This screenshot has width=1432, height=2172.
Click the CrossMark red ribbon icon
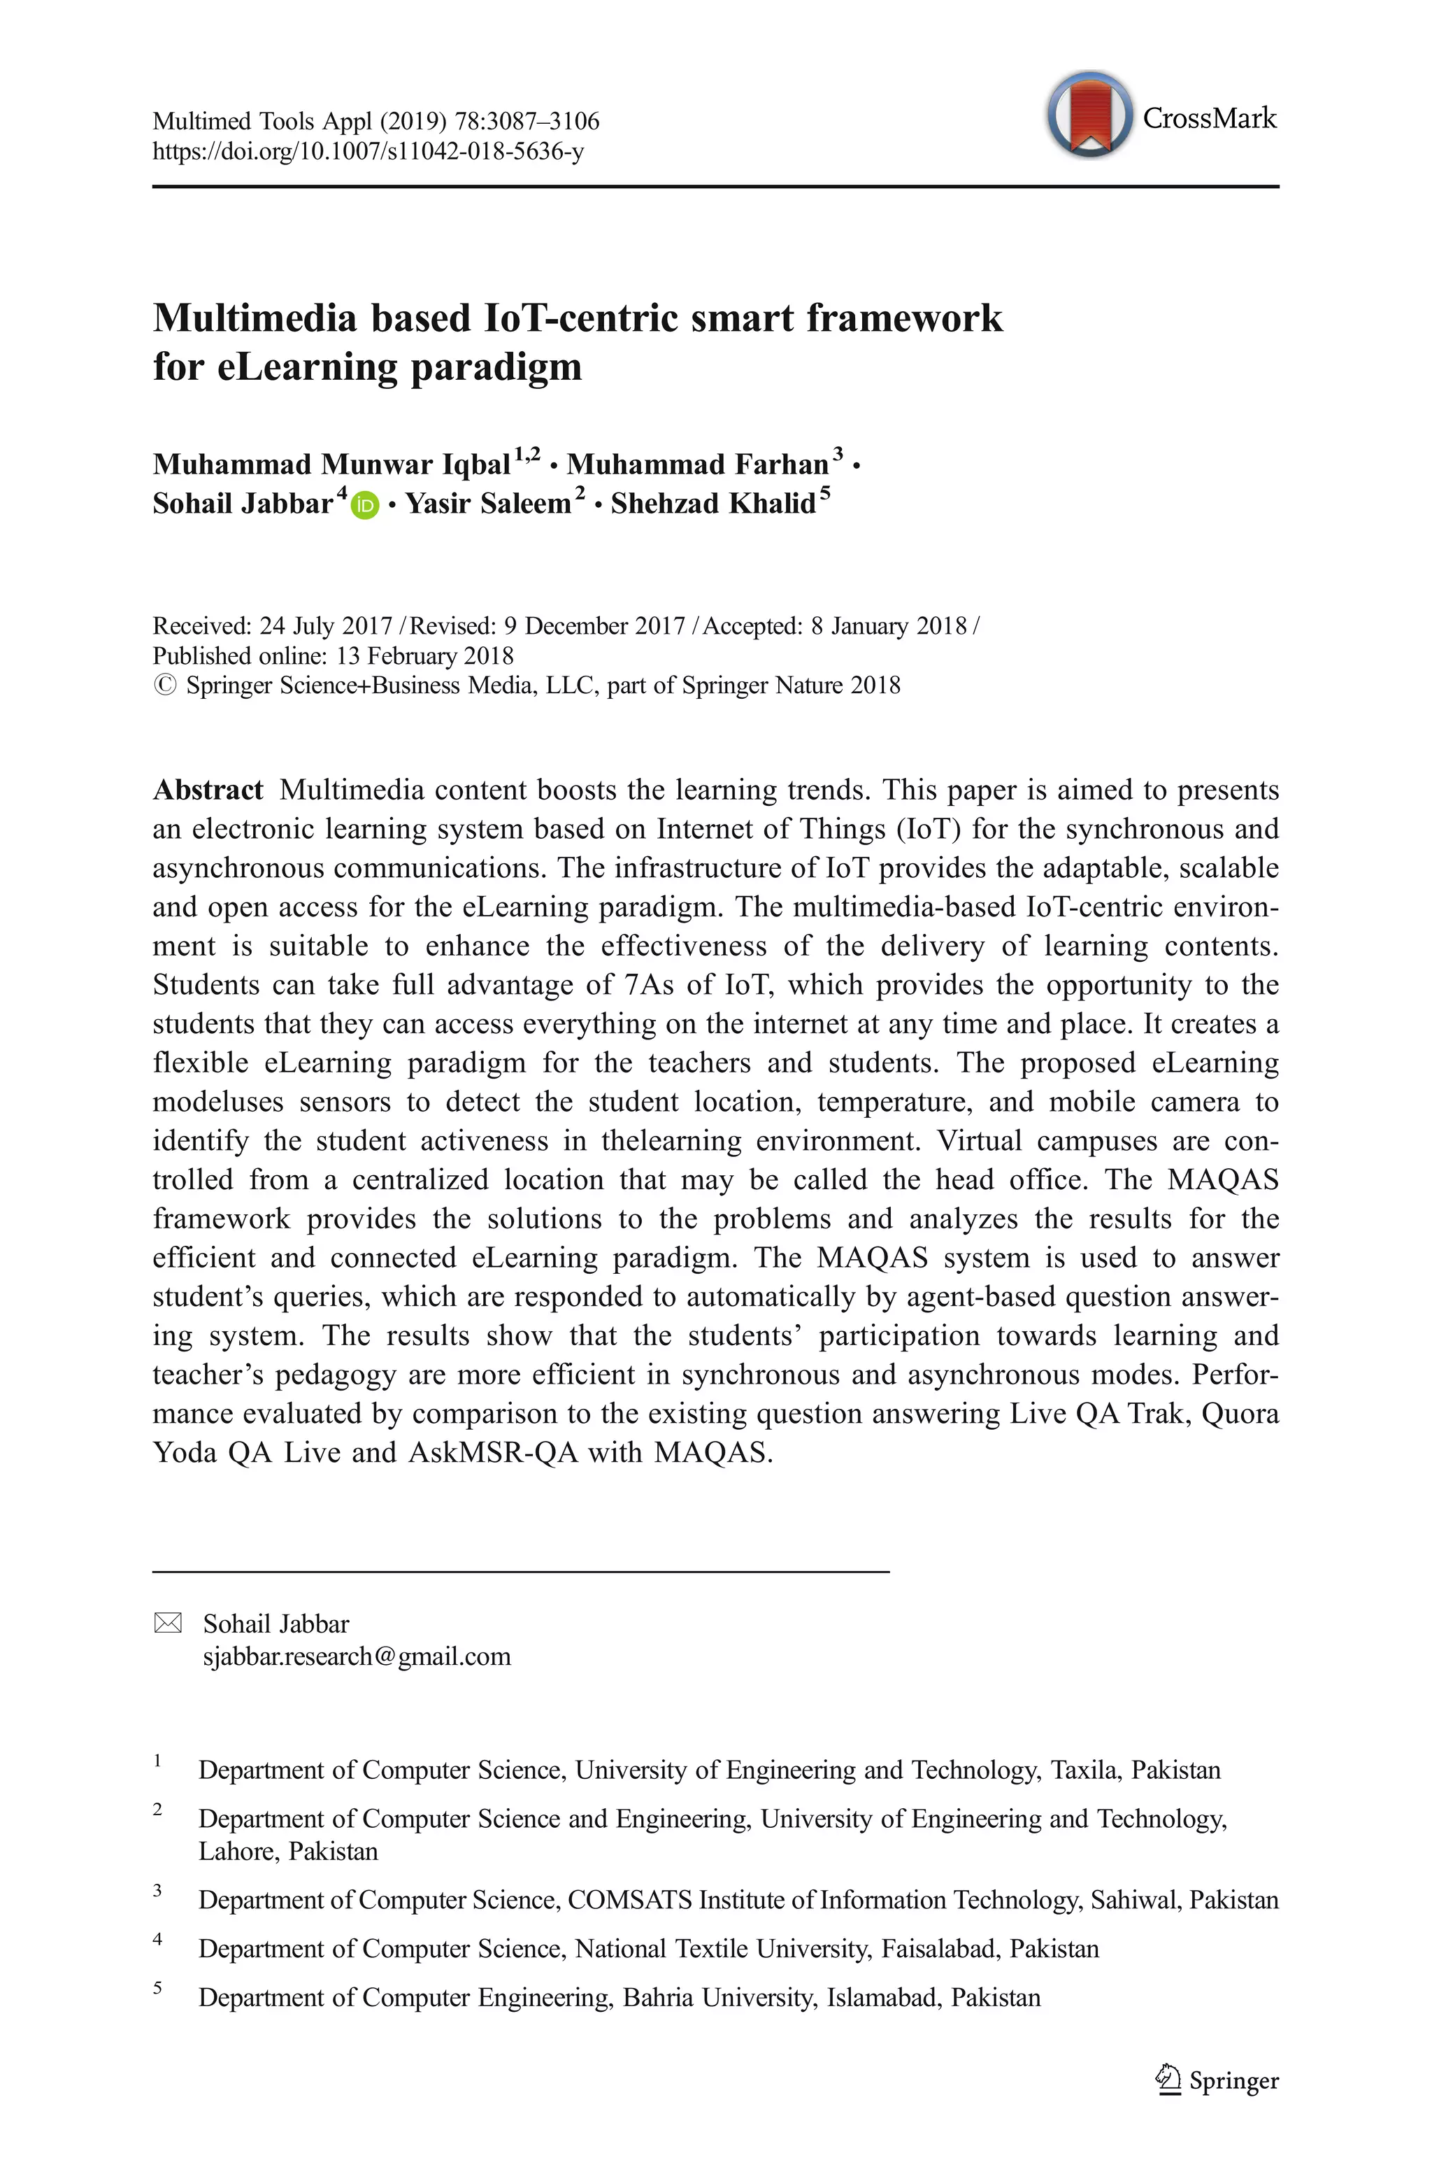coord(1089,113)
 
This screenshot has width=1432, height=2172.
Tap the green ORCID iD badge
coord(364,504)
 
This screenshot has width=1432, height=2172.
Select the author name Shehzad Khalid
coord(713,503)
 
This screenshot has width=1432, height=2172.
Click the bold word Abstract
coord(208,789)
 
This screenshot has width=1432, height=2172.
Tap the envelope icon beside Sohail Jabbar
coord(167,1623)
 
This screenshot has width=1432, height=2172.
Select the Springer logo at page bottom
coord(1217,2080)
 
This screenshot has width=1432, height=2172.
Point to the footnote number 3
coord(157,1890)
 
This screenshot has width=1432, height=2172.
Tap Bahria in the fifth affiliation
coord(657,1998)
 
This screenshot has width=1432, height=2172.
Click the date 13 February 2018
coord(424,656)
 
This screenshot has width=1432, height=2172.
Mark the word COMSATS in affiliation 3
coord(630,1900)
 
